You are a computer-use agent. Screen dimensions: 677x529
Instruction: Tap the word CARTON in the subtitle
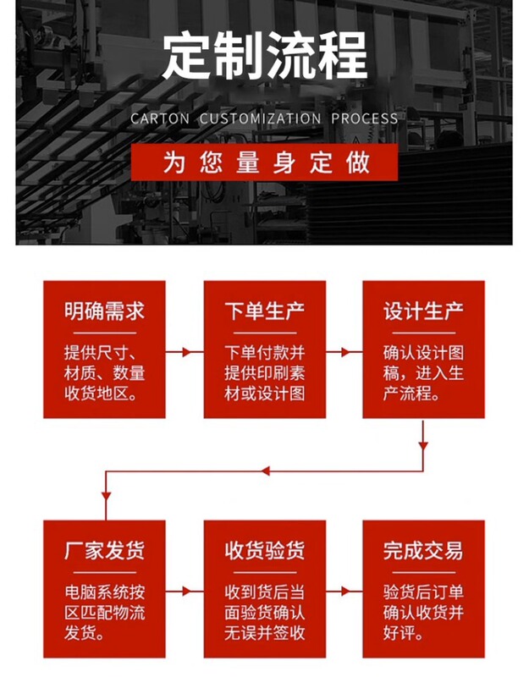(160, 118)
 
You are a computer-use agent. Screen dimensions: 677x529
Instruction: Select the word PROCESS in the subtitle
(365, 118)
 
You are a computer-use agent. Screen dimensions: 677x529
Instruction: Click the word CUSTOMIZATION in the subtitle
(260, 118)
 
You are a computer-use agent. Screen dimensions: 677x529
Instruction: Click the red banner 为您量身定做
(264, 162)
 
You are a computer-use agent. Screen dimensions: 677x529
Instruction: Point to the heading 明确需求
(104, 311)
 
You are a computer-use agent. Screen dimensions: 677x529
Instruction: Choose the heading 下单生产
(264, 311)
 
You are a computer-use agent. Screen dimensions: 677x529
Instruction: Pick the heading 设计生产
(423, 311)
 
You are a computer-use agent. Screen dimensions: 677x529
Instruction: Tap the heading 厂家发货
(104, 551)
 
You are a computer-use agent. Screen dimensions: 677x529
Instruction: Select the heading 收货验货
(264, 551)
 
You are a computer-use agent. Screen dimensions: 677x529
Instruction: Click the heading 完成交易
(423, 551)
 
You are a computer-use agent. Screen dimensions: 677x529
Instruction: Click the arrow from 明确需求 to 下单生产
(184, 350)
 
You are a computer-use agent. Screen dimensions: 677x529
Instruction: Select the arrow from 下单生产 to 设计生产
(344, 350)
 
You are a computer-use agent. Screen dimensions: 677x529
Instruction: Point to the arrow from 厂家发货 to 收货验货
(184, 590)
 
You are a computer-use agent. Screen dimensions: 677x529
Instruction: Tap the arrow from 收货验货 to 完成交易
(344, 590)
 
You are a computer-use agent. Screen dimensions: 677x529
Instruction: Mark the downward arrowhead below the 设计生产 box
(423, 443)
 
